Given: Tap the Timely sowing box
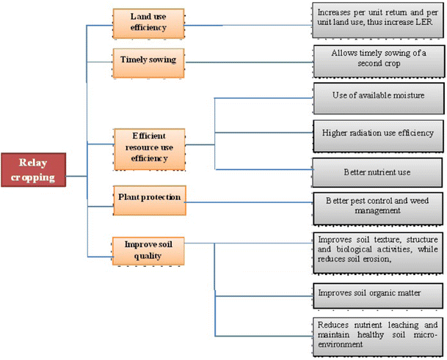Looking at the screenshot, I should pyautogui.click(x=148, y=61).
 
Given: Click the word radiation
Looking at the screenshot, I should pyautogui.click(x=366, y=133).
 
